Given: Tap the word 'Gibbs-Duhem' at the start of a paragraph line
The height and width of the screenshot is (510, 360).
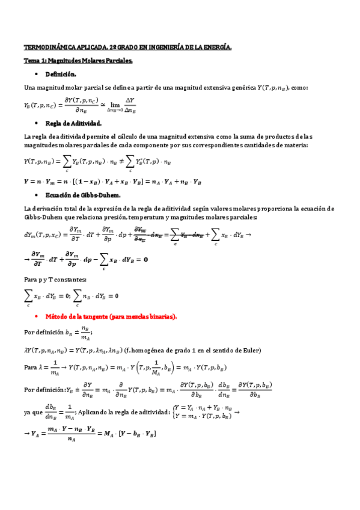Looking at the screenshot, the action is (x=43, y=217).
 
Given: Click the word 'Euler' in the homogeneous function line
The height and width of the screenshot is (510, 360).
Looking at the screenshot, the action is (x=251, y=351).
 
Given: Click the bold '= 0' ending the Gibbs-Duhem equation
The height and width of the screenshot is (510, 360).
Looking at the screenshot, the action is (x=141, y=260).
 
